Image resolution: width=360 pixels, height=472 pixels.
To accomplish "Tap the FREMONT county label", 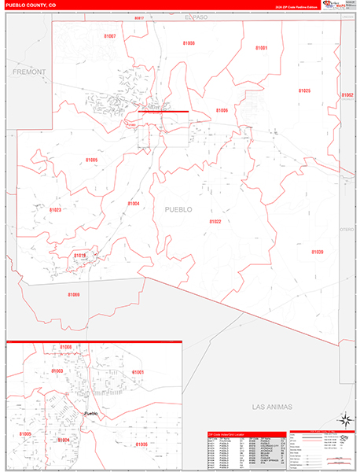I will [x=30, y=72].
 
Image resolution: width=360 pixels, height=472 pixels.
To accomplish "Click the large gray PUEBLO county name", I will [x=178, y=209].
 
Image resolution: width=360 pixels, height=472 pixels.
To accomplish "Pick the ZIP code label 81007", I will [x=110, y=36].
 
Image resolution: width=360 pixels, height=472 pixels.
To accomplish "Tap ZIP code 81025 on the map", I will [x=304, y=90].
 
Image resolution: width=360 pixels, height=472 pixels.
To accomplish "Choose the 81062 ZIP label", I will [x=347, y=95].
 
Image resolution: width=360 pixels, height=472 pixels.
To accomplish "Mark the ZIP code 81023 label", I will [x=55, y=210].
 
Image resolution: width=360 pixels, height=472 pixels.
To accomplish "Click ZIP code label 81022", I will [x=215, y=222].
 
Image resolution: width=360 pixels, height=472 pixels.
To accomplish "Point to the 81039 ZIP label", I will [x=317, y=252].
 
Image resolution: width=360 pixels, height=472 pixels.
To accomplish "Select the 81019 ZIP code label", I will [x=80, y=256].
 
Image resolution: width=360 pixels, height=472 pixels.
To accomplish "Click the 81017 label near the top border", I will [x=139, y=17].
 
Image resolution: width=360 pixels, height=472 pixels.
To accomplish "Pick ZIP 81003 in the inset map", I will [x=57, y=370].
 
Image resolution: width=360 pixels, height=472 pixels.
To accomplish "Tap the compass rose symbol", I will [x=343, y=420].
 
